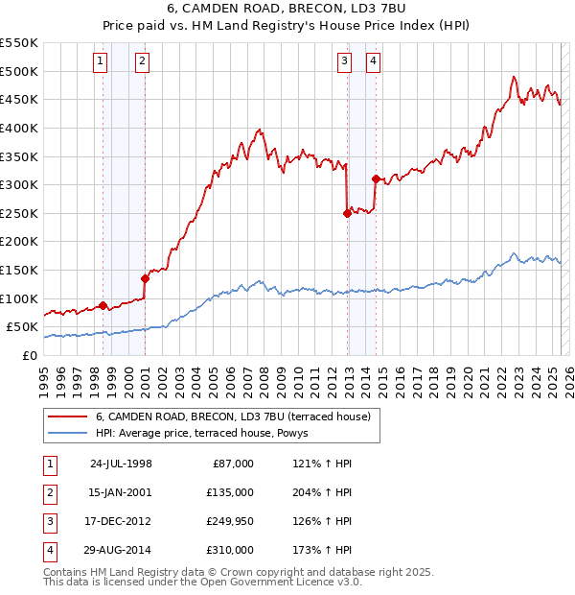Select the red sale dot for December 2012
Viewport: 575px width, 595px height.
[347, 214]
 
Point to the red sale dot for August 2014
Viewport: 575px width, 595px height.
[376, 178]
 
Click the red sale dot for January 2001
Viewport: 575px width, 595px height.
[145, 278]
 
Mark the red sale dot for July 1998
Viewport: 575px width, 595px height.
[103, 306]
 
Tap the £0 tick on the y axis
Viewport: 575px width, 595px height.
[30, 355]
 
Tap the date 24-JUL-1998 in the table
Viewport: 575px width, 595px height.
[121, 464]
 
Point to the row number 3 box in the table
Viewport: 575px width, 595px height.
[49, 521]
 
